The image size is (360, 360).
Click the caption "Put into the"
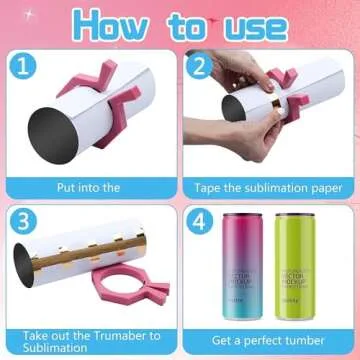(x=89, y=186)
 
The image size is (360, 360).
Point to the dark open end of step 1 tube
(x=51, y=130)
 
